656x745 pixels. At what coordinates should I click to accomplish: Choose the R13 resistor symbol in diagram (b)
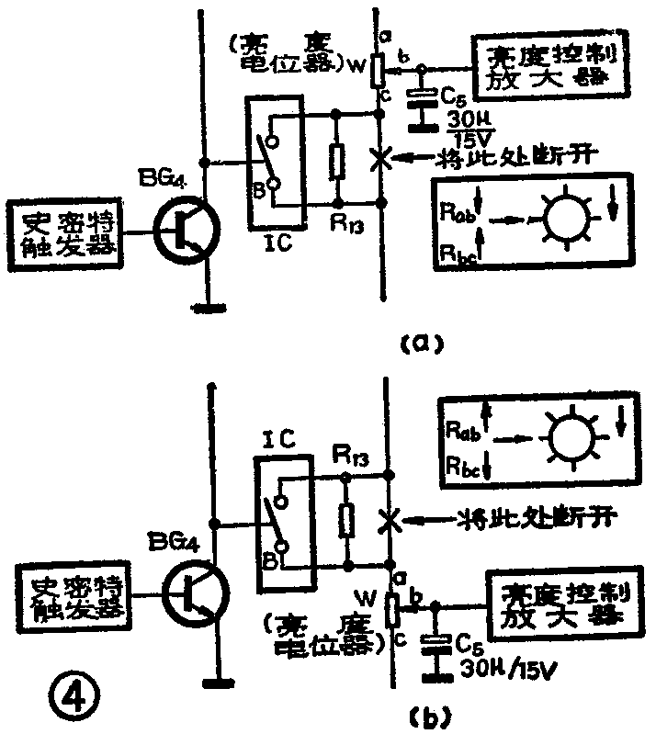[x=346, y=520]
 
